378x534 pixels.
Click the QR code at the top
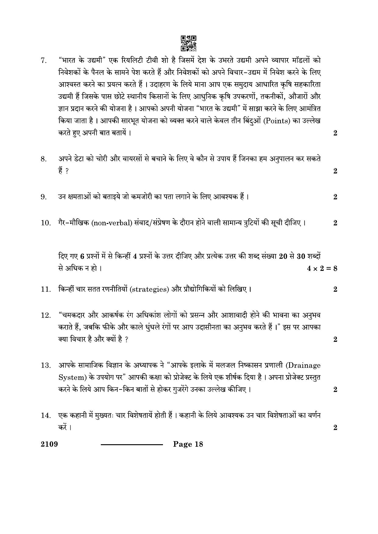189,43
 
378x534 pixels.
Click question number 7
44,60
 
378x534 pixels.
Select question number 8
44,159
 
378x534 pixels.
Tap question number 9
44,197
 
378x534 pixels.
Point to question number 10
45,223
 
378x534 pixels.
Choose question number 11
45,289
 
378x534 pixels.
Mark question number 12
45,315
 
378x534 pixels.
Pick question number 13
45,365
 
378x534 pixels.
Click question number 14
45,415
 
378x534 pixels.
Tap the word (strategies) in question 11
149,289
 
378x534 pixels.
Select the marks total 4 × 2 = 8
322,269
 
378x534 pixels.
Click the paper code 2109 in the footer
49,444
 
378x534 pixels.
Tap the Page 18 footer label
188,444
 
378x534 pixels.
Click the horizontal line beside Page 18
132,445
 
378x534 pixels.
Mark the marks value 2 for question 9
335,197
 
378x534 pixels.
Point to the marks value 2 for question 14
335,428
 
